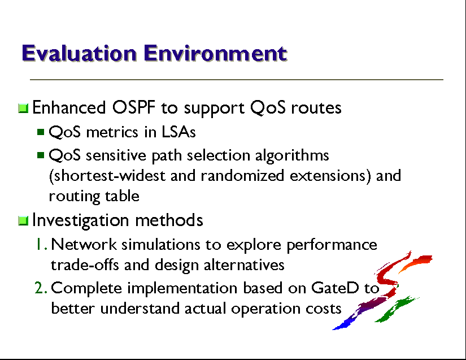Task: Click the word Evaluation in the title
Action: pyautogui.click(x=79, y=53)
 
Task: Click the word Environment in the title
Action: pyautogui.click(x=215, y=53)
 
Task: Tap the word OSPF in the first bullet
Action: pyautogui.click(x=134, y=107)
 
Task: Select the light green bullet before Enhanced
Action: pyautogui.click(x=23, y=108)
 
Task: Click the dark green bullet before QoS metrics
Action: pyautogui.click(x=41, y=132)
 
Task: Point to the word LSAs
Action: pyautogui.click(x=178, y=132)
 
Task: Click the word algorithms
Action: pyautogui.click(x=292, y=155)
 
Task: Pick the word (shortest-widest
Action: pyautogui.click(x=107, y=175)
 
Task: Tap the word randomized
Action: pyautogui.click(x=242, y=175)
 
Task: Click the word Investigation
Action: pyautogui.click(x=80, y=220)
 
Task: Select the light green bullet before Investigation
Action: pyautogui.click(x=23, y=221)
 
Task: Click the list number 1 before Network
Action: pyautogui.click(x=41, y=244)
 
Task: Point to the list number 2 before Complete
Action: pyautogui.click(x=41, y=288)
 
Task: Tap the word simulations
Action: pyautogui.click(x=161, y=244)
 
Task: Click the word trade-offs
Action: pyautogui.click(x=85, y=264)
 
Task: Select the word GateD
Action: pyautogui.click(x=335, y=288)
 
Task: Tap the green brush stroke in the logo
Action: pyautogui.click(x=397, y=309)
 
